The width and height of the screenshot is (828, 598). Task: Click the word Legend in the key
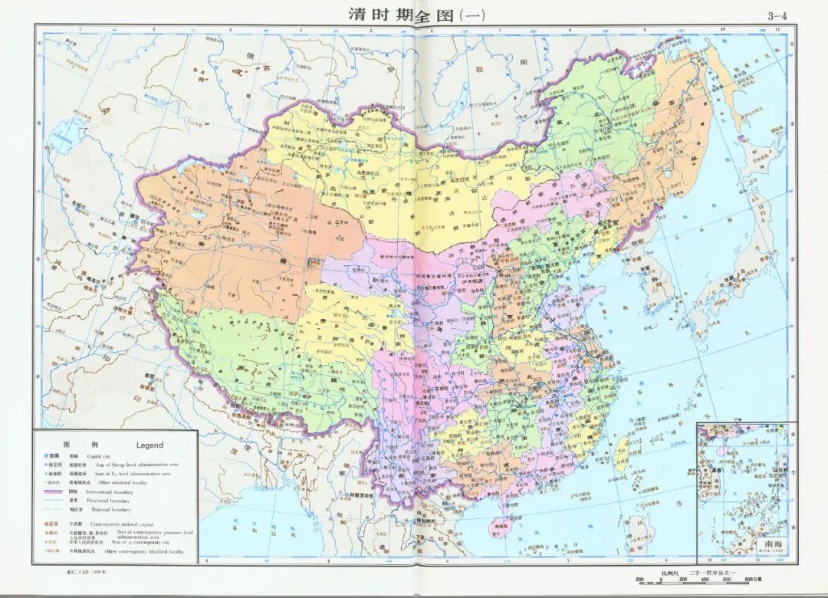point(149,445)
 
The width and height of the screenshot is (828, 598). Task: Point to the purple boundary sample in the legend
point(54,491)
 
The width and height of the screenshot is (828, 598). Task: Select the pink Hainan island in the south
point(498,526)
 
